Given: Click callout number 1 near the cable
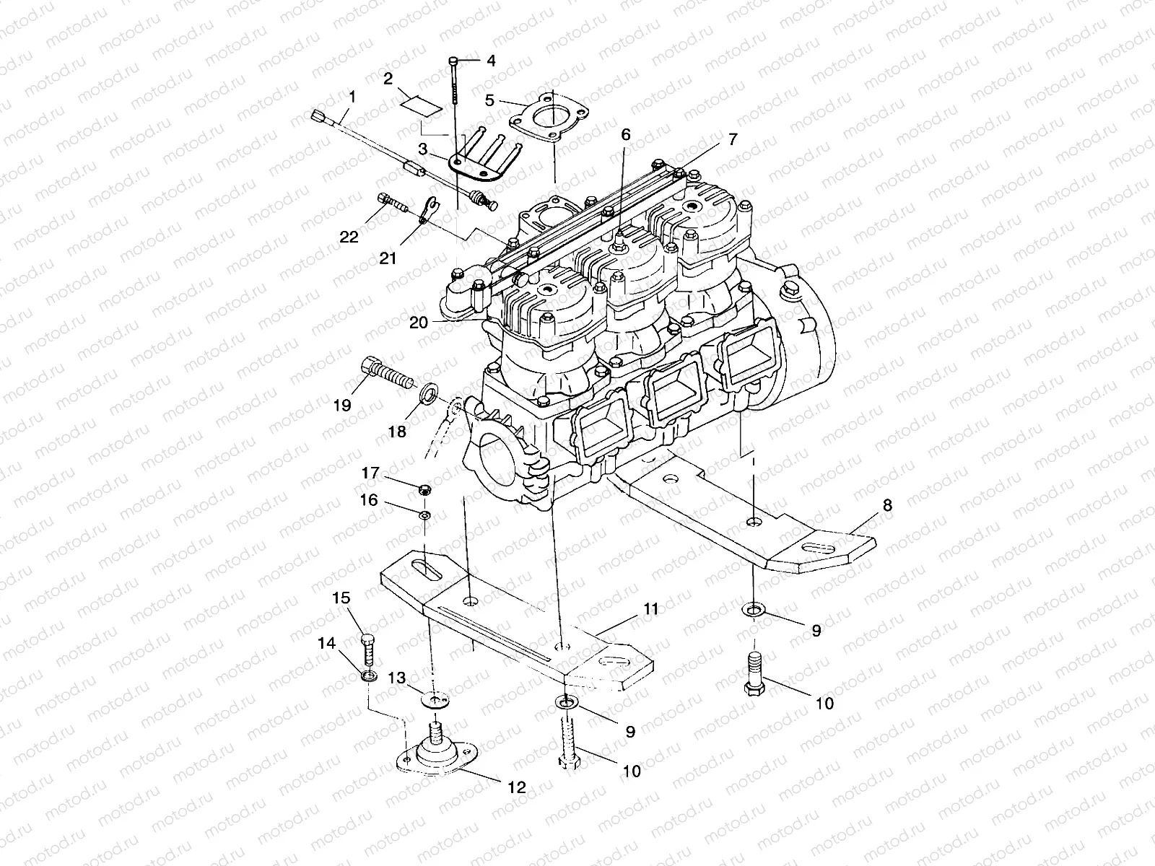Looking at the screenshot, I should click(352, 96).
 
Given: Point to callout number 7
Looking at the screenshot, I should click(732, 140).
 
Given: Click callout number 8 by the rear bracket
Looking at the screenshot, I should click(887, 506).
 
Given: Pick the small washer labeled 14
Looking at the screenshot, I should click(369, 677).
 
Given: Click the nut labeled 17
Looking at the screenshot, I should click(425, 491).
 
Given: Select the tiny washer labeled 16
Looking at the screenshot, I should click(424, 515).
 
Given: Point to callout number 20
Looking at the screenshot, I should click(419, 323).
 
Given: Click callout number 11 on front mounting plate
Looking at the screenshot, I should click(650, 610).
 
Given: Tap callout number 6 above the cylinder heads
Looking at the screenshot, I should click(625, 134).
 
